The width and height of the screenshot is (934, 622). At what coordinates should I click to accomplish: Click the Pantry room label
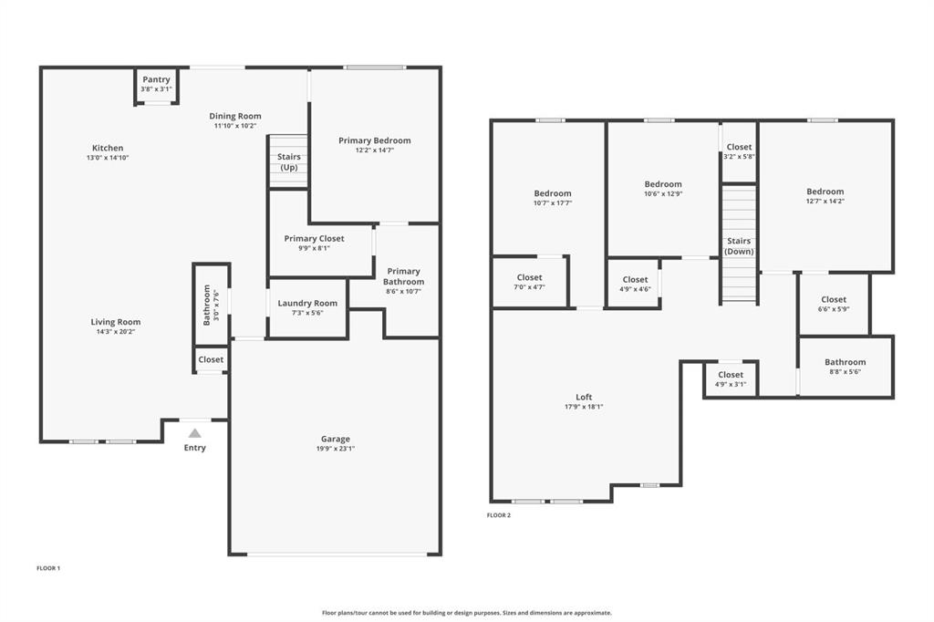click(x=156, y=80)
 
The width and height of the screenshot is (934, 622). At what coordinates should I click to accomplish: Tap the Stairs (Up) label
click(x=288, y=162)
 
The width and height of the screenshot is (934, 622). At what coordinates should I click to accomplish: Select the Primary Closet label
click(x=314, y=239)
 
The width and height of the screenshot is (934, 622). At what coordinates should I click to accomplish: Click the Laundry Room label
click(x=307, y=304)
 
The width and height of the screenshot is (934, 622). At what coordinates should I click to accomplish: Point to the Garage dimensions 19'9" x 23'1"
click(x=335, y=450)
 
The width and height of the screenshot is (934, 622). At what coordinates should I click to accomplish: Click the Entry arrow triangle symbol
click(x=194, y=433)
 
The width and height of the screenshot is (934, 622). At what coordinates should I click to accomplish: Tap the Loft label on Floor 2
click(x=584, y=397)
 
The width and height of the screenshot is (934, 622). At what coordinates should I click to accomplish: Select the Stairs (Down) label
click(x=739, y=246)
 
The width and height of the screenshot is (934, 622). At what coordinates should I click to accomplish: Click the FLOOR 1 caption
click(x=48, y=568)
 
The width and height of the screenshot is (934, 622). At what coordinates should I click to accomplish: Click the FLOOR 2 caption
click(x=499, y=515)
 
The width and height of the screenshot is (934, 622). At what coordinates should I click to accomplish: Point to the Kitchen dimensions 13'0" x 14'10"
click(x=108, y=159)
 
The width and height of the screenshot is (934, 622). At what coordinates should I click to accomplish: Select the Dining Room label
click(x=235, y=116)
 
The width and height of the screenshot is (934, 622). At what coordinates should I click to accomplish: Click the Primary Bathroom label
click(x=403, y=276)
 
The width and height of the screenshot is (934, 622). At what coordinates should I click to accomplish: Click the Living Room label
click(x=116, y=322)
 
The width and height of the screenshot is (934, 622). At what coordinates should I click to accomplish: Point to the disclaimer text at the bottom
click(x=466, y=613)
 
